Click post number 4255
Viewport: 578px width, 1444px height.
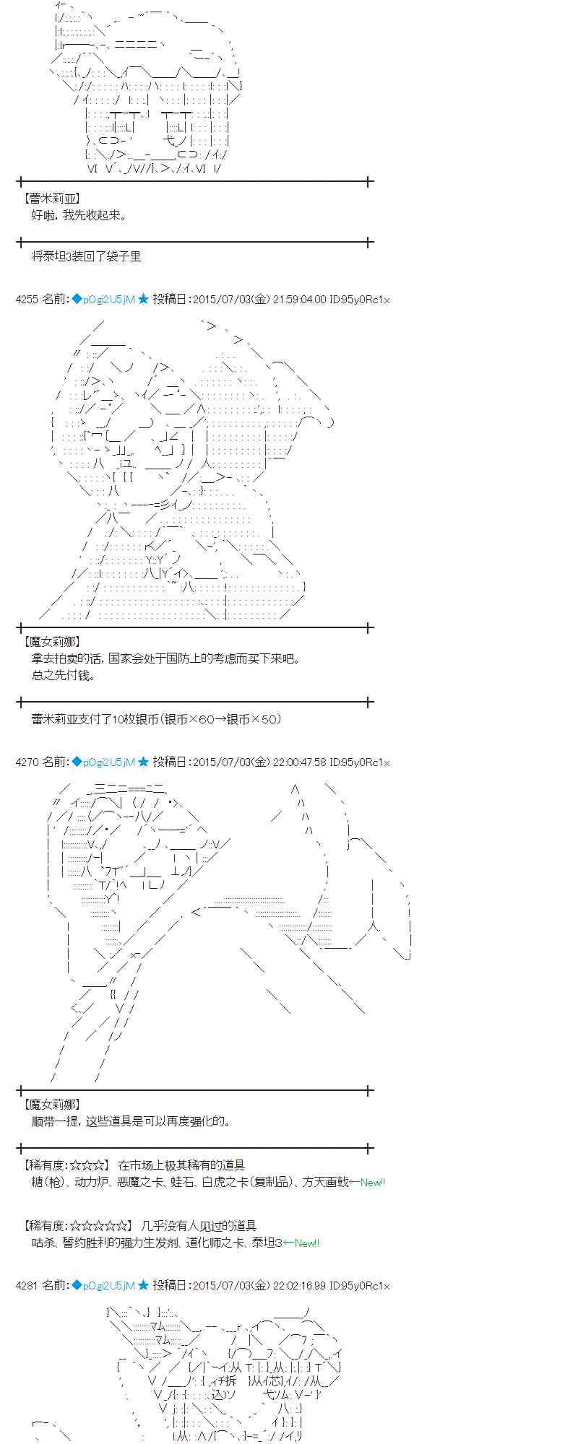click(27, 300)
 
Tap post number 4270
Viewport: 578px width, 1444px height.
click(27, 762)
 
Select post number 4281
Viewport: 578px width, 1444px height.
click(27, 1285)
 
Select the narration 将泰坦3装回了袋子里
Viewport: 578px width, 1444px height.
click(87, 256)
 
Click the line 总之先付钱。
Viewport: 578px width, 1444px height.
click(64, 676)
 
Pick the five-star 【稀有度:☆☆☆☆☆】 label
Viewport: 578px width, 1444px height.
click(77, 1225)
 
